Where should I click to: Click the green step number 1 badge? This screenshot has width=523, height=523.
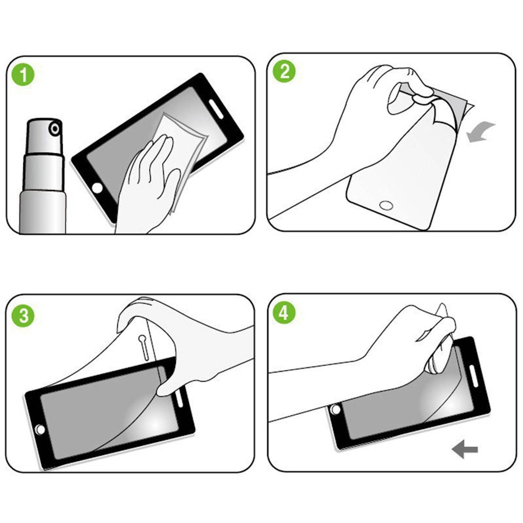click(x=23, y=75)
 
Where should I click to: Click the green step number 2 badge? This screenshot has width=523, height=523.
click(x=285, y=72)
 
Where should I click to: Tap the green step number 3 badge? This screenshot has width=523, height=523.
click(x=23, y=316)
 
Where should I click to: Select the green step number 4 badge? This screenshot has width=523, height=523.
click(x=284, y=313)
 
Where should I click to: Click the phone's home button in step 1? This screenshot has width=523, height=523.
click(x=98, y=188)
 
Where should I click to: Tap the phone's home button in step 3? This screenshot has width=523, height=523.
click(x=39, y=429)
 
